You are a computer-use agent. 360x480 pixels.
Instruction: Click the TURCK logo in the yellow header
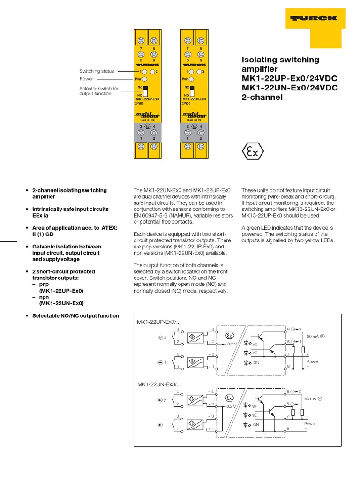pyautogui.click(x=314, y=18)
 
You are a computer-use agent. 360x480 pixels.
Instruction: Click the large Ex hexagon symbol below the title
pyautogui.click(x=253, y=151)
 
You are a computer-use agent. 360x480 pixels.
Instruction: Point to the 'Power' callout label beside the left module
pyautogui.click(x=86, y=79)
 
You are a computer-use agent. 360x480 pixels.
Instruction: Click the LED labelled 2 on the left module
pyautogui.click(x=153, y=71)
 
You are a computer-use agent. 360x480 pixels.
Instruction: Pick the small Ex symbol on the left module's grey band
pyautogui.click(x=148, y=126)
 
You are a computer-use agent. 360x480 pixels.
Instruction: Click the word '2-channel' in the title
pyautogui.click(x=262, y=97)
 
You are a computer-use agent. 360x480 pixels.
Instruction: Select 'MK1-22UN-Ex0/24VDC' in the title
pyautogui.click(x=289, y=88)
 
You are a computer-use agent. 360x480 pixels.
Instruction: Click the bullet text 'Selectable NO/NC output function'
pyautogui.click(x=75, y=315)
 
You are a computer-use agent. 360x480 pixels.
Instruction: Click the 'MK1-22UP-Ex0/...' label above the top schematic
pyautogui.click(x=159, y=322)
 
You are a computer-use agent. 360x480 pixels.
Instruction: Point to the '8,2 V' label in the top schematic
pyautogui.click(x=233, y=344)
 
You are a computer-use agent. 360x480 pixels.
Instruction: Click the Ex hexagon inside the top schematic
pyautogui.click(x=229, y=336)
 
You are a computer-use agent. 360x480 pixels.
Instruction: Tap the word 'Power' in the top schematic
pyautogui.click(x=312, y=362)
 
